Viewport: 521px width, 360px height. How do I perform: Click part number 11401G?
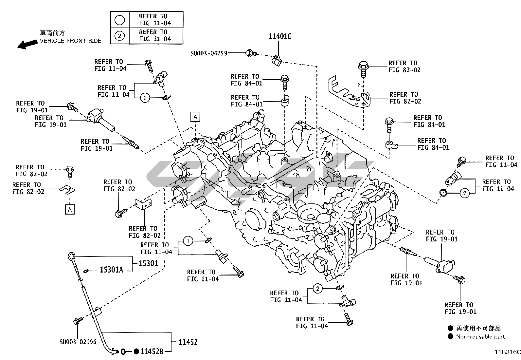[x=280, y=36]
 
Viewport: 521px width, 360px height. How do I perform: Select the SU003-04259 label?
[x=209, y=53]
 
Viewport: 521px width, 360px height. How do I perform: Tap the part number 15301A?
[x=111, y=270]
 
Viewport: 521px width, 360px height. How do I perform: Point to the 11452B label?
[x=152, y=351]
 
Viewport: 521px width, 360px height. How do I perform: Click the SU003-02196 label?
[x=78, y=342]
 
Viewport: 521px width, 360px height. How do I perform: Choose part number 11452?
[x=188, y=342]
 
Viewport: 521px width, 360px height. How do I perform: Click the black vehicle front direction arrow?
[x=27, y=44]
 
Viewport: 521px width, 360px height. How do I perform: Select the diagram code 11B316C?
[x=507, y=352]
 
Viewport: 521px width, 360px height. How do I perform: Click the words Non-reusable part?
[x=480, y=337]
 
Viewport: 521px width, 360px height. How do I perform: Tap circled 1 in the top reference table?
[x=120, y=20]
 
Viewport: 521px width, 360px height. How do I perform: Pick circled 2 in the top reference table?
[x=120, y=36]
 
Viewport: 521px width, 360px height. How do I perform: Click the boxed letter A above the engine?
[x=195, y=117]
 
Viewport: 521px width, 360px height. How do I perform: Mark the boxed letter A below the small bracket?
[x=70, y=209]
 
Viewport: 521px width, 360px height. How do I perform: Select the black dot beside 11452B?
[x=136, y=351]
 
